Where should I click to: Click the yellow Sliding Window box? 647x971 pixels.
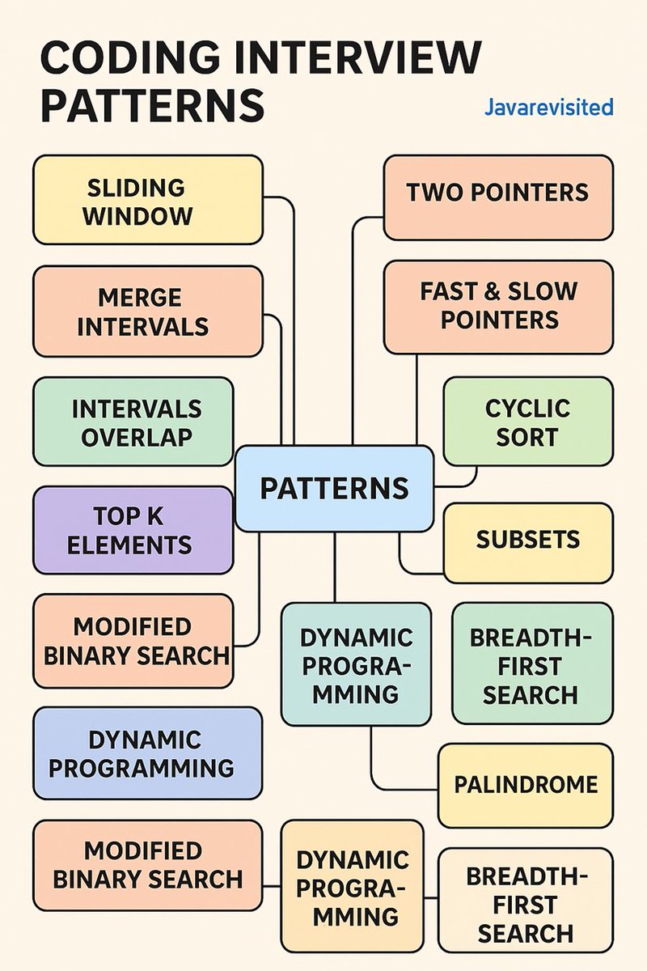[x=147, y=200]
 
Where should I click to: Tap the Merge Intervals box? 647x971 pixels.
[x=147, y=312]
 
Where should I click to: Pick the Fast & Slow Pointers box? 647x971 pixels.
[x=497, y=307]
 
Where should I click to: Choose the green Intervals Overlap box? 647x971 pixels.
[x=133, y=422]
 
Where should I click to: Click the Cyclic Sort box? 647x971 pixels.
[x=527, y=422]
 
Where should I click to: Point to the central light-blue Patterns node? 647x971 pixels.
[x=334, y=488]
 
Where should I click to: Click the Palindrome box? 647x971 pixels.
[x=525, y=785]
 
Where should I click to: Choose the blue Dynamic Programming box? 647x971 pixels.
[x=147, y=753]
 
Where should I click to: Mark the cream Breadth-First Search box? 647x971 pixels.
[x=525, y=900]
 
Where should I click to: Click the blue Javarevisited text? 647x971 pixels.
[x=548, y=107]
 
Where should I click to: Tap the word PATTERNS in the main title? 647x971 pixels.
[x=152, y=106]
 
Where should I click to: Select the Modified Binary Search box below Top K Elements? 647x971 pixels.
[x=133, y=641]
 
